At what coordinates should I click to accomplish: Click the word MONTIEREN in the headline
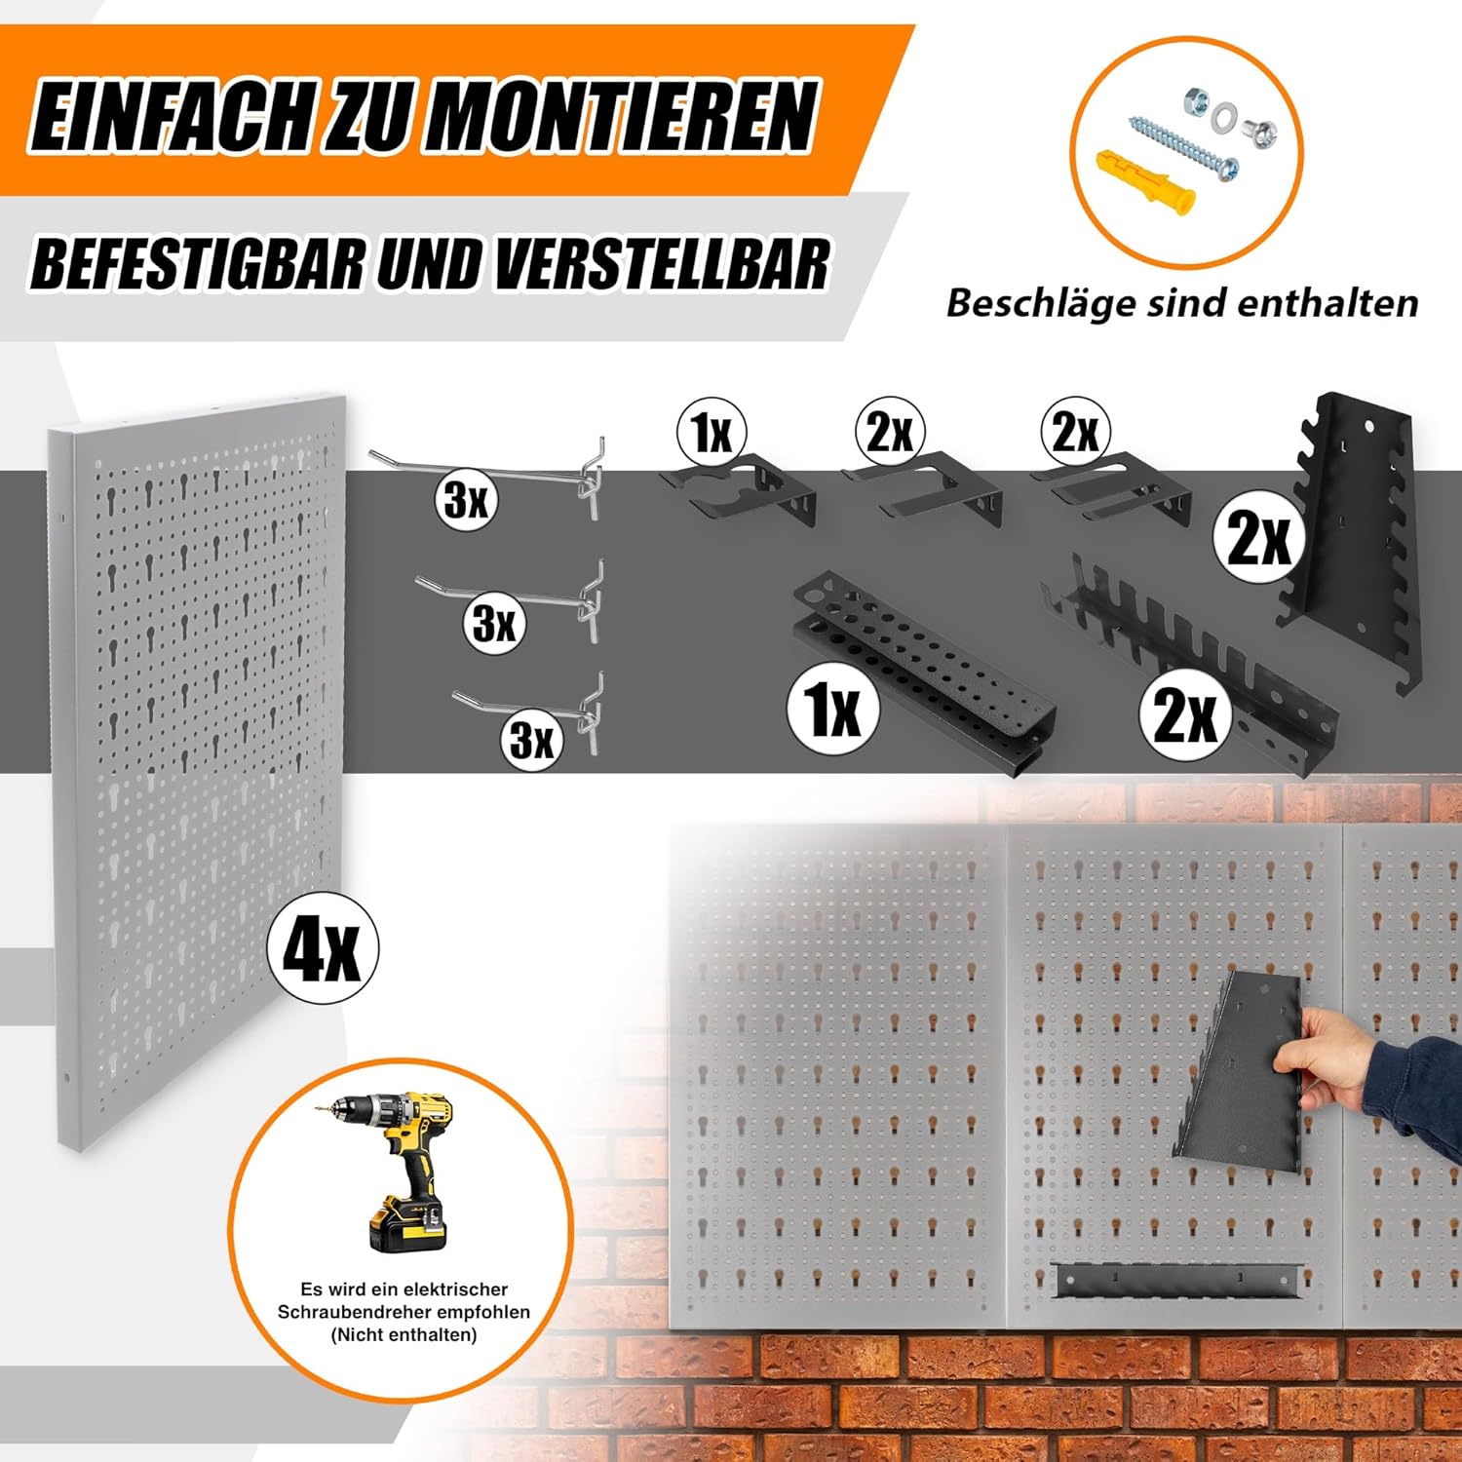tap(620, 117)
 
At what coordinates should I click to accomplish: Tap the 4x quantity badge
tap(323, 947)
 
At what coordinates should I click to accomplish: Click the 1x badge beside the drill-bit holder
tap(833, 709)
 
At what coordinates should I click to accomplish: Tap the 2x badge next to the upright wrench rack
tap(1259, 536)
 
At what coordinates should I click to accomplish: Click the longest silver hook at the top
tap(487, 477)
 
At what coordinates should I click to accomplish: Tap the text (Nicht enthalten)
tap(404, 1334)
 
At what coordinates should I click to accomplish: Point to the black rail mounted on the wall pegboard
tap(1178, 1280)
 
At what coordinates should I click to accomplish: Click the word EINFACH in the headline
tap(172, 117)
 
